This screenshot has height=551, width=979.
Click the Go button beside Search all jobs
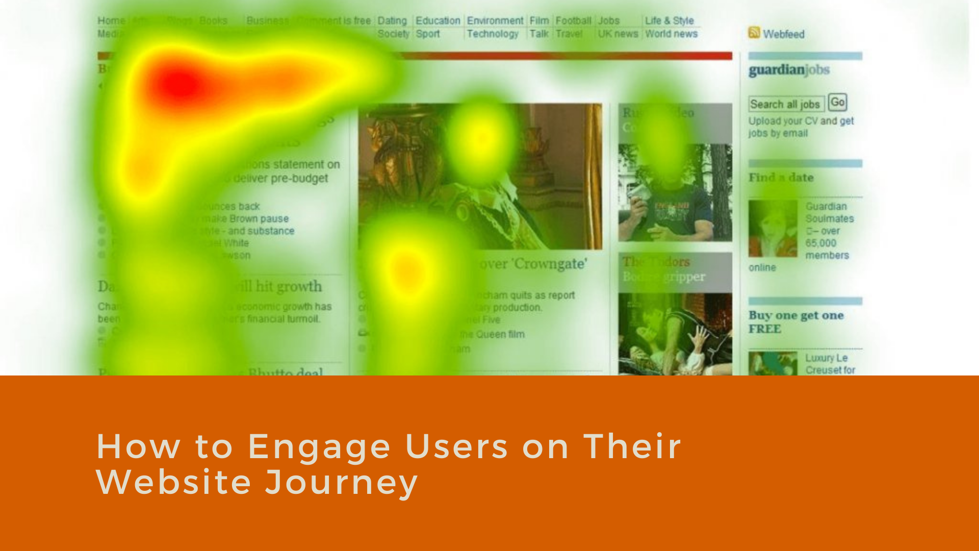pyautogui.click(x=837, y=103)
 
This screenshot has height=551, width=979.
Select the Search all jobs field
pyautogui.click(x=786, y=104)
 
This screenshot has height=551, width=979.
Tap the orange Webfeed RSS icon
pyautogui.click(x=754, y=33)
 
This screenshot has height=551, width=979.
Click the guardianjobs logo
pyautogui.click(x=789, y=70)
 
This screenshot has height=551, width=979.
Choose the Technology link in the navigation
pyautogui.click(x=492, y=34)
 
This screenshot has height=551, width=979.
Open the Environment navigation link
pyautogui.click(x=495, y=20)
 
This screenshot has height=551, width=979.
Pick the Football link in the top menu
pyautogui.click(x=573, y=20)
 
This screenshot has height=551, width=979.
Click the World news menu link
pyautogui.click(x=671, y=34)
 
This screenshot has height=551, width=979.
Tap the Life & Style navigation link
pyautogui.click(x=669, y=20)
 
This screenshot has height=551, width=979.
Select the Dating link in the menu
pyautogui.click(x=392, y=20)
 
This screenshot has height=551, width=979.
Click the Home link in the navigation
pyautogui.click(x=111, y=20)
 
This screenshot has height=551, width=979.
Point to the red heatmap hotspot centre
pyautogui.click(x=178, y=84)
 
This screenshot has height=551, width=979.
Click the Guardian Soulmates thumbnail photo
pyautogui.click(x=772, y=229)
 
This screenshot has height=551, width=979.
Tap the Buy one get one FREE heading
pyautogui.click(x=795, y=322)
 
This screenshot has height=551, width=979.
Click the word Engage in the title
pyautogui.click(x=319, y=446)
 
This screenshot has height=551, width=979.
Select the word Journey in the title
pyautogui.click(x=341, y=482)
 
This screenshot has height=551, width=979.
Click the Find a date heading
pyautogui.click(x=781, y=178)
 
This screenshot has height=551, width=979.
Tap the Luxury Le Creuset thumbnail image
pyautogui.click(x=772, y=363)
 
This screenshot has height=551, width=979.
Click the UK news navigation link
pyautogui.click(x=617, y=34)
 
